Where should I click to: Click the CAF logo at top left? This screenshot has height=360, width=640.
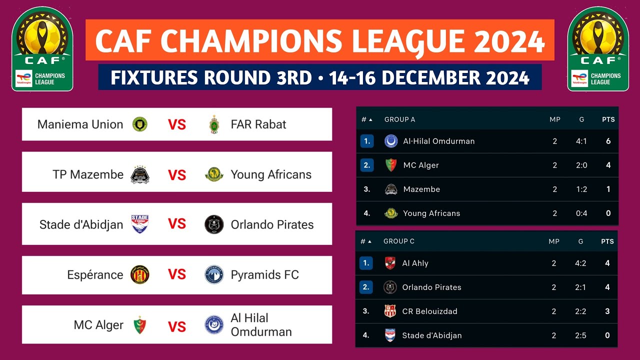42,49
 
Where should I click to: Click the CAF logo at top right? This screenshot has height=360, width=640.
597,49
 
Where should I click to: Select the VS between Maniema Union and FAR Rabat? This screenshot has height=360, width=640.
176,124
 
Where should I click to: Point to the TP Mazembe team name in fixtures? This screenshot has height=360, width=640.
88,174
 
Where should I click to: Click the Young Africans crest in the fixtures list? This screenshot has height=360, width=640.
214,174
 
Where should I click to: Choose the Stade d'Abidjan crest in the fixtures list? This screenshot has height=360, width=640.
139,224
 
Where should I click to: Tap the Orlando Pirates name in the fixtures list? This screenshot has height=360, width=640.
272,224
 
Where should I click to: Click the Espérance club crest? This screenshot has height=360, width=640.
139,274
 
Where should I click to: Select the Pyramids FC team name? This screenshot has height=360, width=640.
264,274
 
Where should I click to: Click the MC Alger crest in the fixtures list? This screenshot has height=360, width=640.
139,325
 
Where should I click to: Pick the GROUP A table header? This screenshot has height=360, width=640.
399,119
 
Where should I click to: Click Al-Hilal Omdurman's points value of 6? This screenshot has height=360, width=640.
608,141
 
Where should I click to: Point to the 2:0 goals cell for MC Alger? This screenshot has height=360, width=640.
581,165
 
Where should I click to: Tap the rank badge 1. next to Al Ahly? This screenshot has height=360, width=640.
366,263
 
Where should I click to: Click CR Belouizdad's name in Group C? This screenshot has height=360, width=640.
429,311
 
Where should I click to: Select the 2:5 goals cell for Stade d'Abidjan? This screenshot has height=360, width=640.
580,335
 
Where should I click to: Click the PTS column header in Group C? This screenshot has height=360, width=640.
607,241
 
